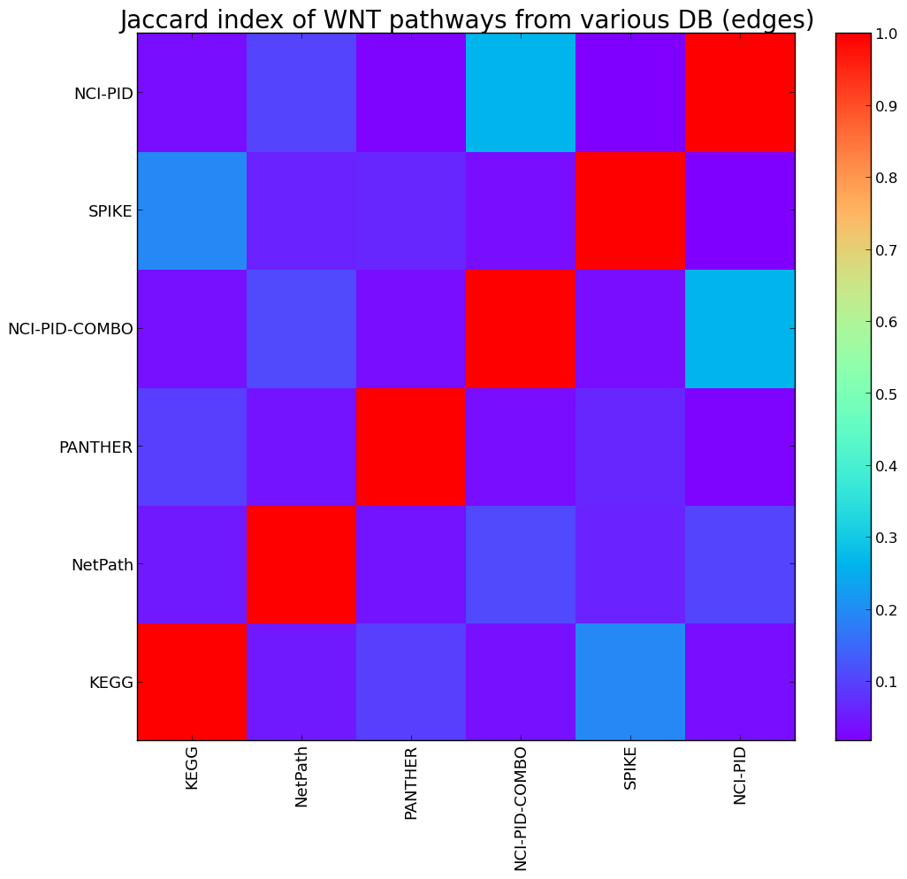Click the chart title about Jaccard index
(466, 19)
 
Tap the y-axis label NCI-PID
(103, 93)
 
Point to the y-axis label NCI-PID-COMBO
(71, 329)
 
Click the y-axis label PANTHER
(95, 447)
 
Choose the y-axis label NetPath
(103, 564)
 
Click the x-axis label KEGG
(192, 767)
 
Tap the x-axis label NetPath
(301, 776)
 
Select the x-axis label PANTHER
(411, 783)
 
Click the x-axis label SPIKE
(630, 768)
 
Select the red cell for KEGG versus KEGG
(192, 682)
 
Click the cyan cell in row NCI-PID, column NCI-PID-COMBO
(521, 93)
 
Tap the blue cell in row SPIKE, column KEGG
(192, 211)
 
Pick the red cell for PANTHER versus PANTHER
(411, 447)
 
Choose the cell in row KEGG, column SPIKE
(630, 682)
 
